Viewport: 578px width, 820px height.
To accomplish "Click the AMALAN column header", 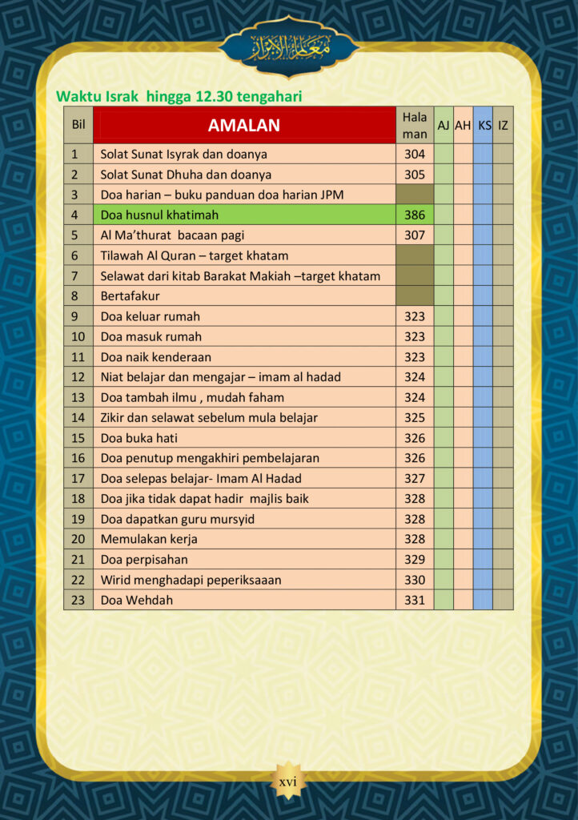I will (x=244, y=125).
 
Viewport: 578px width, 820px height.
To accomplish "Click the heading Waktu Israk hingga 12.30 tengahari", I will (x=179, y=97).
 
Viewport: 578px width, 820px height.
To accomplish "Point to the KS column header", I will (x=484, y=126).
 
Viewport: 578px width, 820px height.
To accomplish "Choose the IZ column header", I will (x=503, y=126).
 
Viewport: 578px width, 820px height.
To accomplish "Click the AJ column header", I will (x=444, y=126).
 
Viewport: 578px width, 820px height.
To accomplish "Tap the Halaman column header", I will (x=415, y=126).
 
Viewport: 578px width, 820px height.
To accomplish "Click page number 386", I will (x=415, y=215).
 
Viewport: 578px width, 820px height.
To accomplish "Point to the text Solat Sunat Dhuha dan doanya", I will (x=186, y=175).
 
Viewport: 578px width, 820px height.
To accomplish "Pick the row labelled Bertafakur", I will (x=130, y=296).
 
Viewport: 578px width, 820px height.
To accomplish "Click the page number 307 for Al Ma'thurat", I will (x=415, y=235).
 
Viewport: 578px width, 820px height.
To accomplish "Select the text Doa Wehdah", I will (x=137, y=600).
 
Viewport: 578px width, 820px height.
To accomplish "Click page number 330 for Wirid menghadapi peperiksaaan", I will (x=415, y=580).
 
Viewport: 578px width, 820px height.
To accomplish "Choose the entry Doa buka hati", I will (x=139, y=438).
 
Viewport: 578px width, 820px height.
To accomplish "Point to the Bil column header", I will (x=78, y=125).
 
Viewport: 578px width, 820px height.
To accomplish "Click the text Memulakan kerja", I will (x=149, y=539).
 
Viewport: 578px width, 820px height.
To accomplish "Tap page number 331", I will (x=415, y=600).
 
